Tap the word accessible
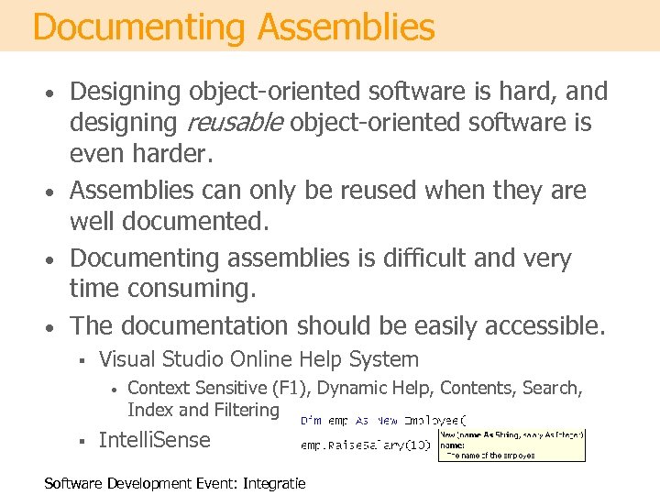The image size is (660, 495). coord(537,325)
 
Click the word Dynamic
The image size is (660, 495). coord(353,389)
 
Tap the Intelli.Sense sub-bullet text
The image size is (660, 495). coord(154,439)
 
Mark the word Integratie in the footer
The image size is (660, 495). coord(274,483)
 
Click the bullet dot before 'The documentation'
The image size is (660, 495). coord(55,327)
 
